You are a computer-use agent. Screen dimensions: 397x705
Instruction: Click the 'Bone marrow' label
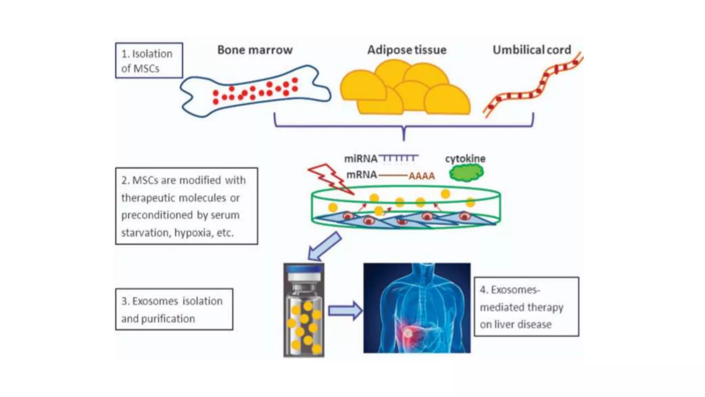coord(255,50)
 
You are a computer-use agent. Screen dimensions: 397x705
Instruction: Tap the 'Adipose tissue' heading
coord(407,50)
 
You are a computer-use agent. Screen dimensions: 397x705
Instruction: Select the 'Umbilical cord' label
coord(532,50)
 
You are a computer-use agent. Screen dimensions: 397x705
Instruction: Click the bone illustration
coord(255,91)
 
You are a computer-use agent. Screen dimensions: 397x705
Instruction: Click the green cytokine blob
coord(466,173)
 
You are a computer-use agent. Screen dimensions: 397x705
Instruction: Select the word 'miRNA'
coord(360,159)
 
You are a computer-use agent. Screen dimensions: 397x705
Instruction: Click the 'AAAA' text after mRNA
coord(421,176)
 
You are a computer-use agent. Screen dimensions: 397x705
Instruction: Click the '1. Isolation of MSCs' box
coord(149,61)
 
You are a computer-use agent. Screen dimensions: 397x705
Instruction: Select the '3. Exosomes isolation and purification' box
coord(174,309)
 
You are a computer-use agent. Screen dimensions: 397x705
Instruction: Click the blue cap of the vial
coord(304,269)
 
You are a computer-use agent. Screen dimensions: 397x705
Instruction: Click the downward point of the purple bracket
coord(404,138)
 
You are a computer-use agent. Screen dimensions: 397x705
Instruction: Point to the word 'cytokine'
coord(465,159)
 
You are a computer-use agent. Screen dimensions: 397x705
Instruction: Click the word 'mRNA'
coord(361,175)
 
